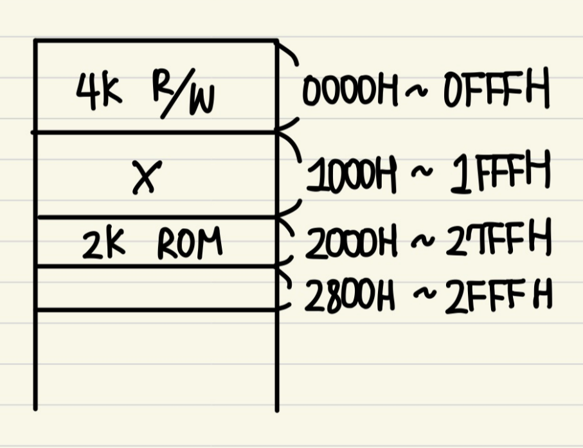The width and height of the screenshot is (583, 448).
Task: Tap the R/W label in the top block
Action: [184, 98]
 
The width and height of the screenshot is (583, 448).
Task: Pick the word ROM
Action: [190, 244]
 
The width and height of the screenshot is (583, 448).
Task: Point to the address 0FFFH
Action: [496, 93]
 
